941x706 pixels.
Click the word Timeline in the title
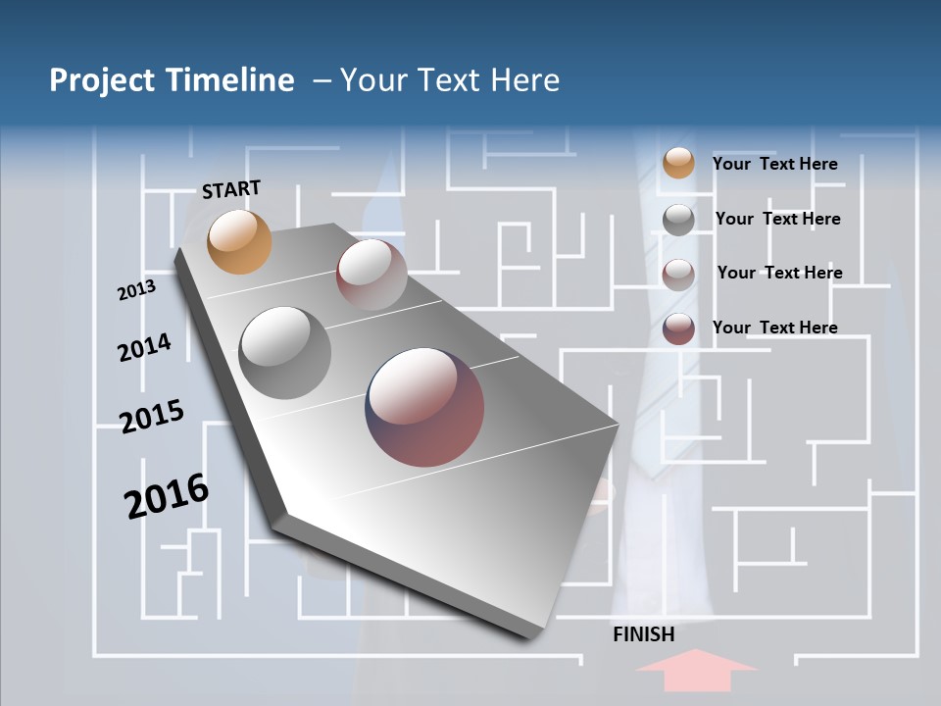tap(231, 80)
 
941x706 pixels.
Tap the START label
tap(231, 188)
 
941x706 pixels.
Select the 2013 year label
tap(136, 289)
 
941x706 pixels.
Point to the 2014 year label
tap(144, 347)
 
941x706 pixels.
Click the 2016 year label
tap(167, 495)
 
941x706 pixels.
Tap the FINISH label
tap(644, 634)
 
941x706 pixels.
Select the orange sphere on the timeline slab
tap(240, 241)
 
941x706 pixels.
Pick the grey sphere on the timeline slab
tap(285, 353)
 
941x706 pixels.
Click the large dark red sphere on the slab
tap(424, 407)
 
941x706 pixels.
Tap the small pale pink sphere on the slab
tap(371, 274)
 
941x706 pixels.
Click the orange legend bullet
tap(678, 163)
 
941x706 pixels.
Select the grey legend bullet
tap(678, 220)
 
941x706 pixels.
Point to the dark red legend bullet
tap(678, 328)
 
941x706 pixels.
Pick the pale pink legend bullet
tap(678, 274)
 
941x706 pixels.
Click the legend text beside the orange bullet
tap(774, 164)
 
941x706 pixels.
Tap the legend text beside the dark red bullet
tap(774, 328)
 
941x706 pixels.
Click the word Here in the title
tap(525, 80)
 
